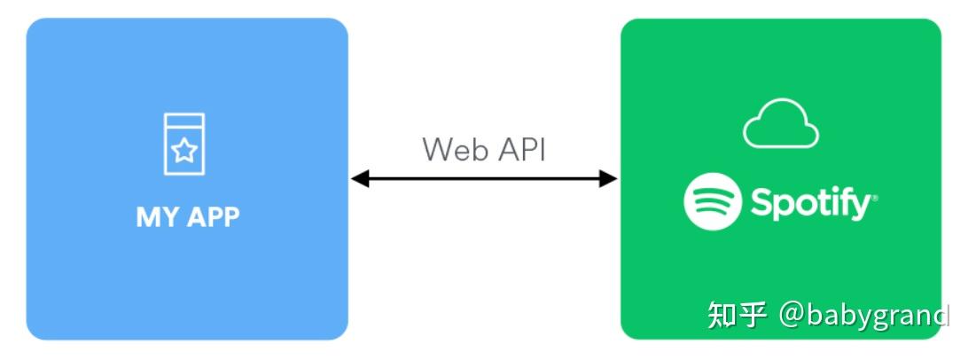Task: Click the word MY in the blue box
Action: coord(155,217)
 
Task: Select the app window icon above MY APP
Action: coord(183,144)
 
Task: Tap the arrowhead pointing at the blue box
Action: coord(359,179)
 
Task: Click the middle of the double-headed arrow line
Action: coord(483,179)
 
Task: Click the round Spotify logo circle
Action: coord(713,202)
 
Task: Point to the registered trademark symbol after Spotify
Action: coord(875,200)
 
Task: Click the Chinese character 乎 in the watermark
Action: coord(753,315)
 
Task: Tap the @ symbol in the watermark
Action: coord(792,315)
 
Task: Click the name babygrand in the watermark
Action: coord(878,315)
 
